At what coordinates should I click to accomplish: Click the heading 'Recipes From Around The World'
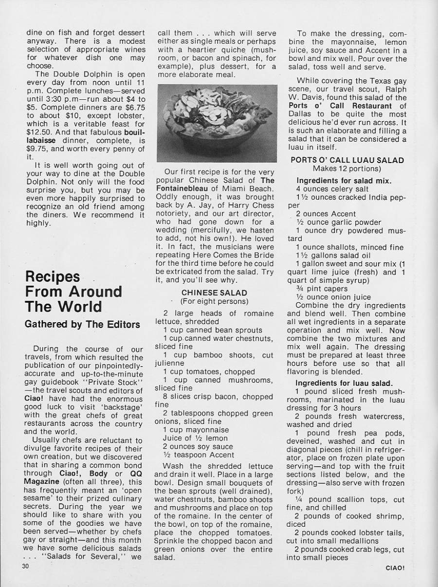point(73,291)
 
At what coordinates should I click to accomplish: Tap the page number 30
point(25,566)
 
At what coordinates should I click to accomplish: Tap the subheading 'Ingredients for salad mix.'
point(347,181)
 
